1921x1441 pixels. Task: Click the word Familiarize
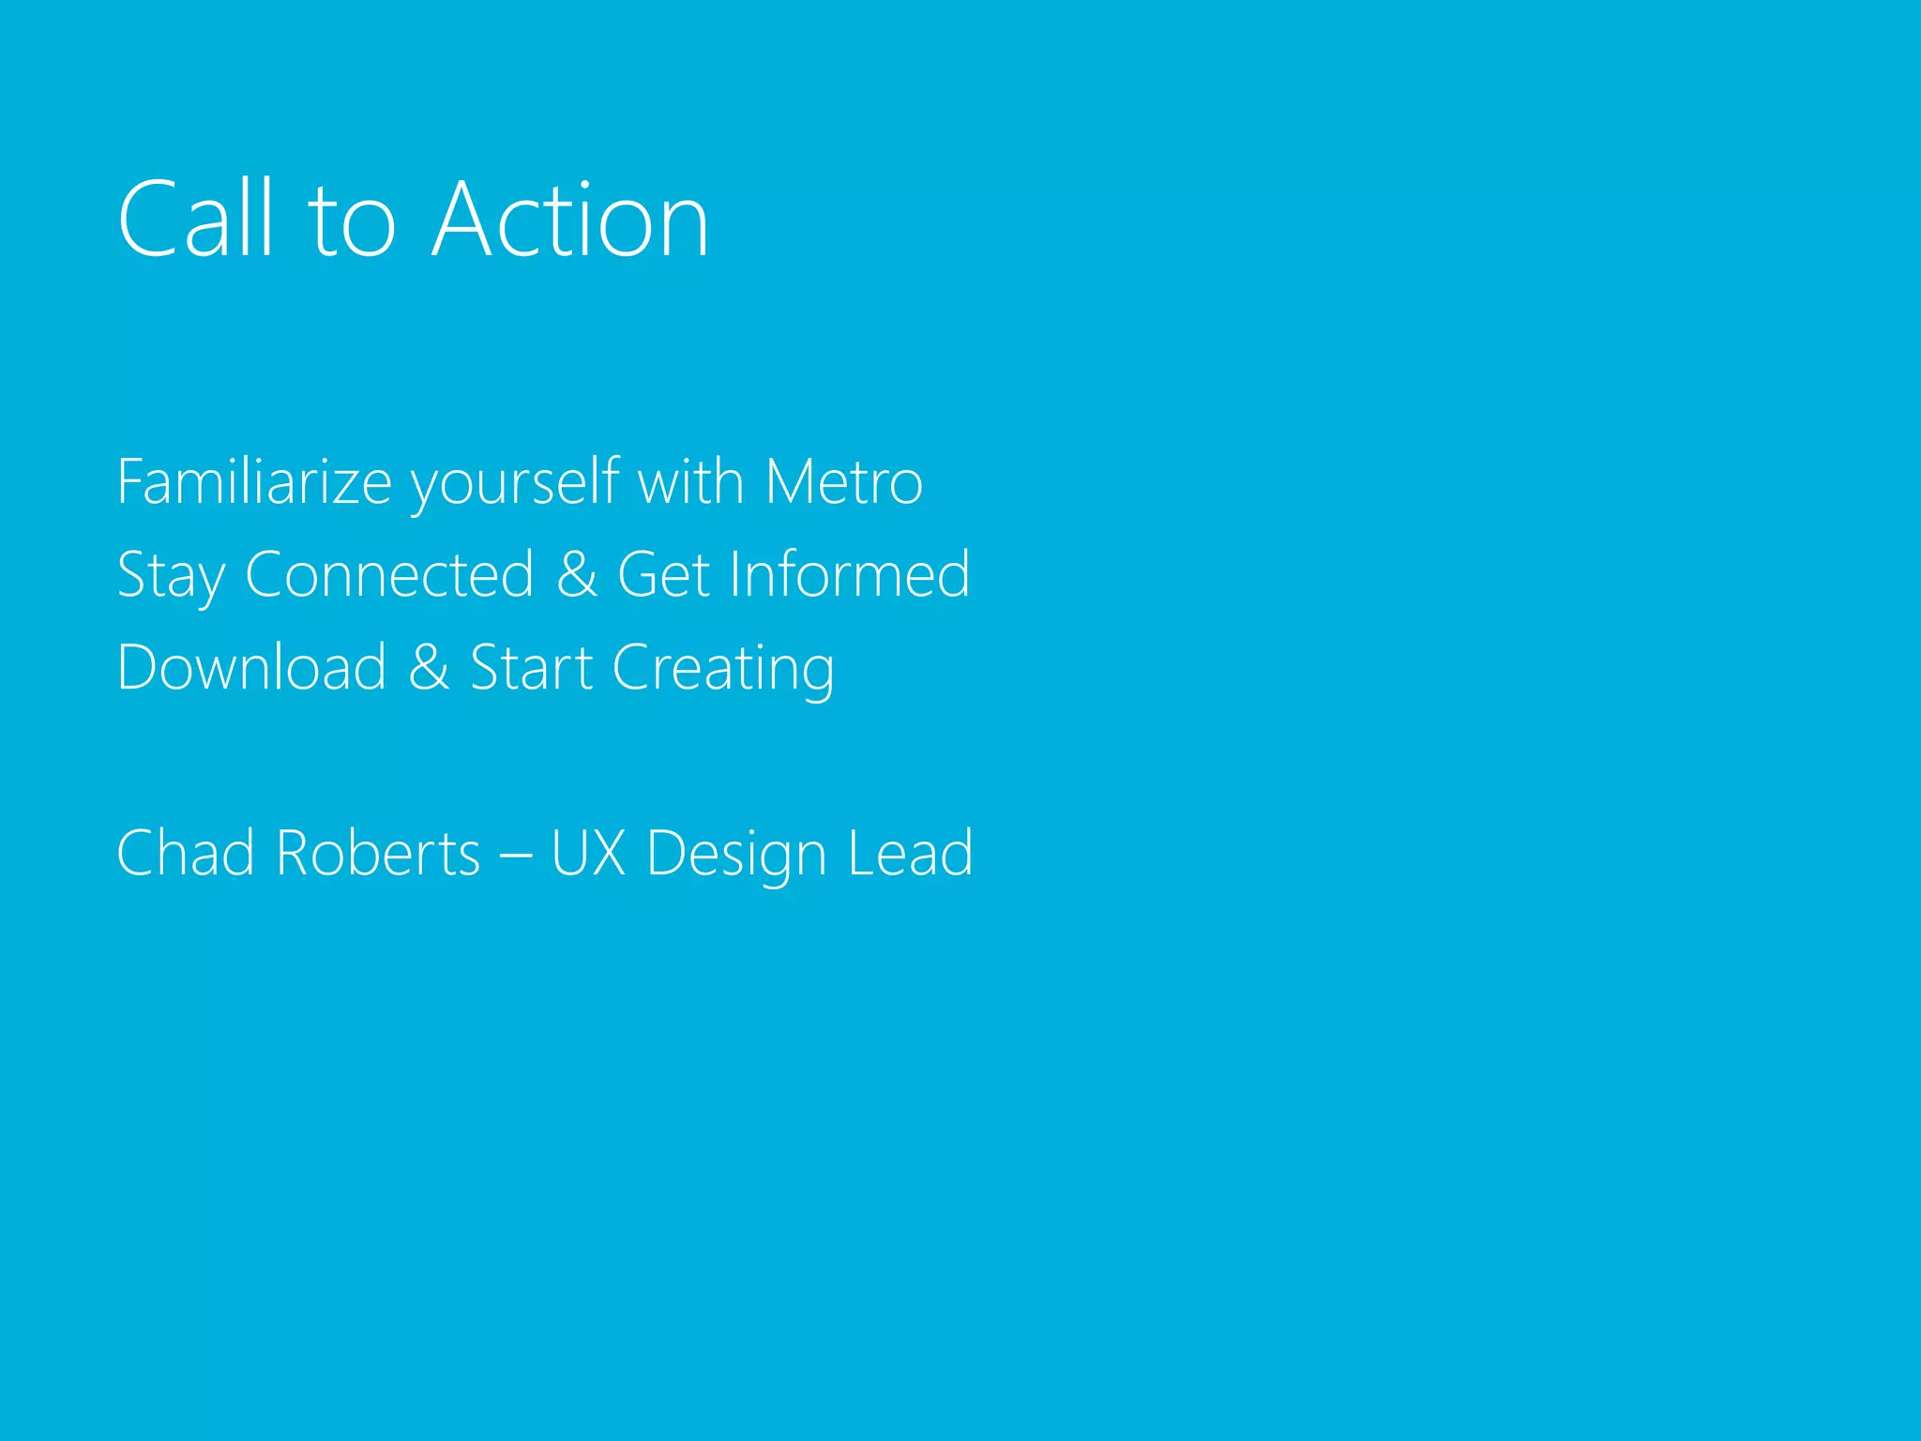point(253,482)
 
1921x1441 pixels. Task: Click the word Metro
point(843,482)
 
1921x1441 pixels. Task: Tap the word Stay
point(171,576)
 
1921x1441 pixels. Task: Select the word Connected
point(389,574)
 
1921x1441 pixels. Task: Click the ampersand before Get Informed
point(577,574)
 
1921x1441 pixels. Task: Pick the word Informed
point(849,574)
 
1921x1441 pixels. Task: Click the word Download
point(251,667)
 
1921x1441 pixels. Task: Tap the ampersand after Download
point(429,667)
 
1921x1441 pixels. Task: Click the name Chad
point(185,853)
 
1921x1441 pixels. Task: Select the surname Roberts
point(378,853)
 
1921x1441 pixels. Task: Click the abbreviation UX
point(588,853)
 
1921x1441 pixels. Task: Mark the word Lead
point(910,853)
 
